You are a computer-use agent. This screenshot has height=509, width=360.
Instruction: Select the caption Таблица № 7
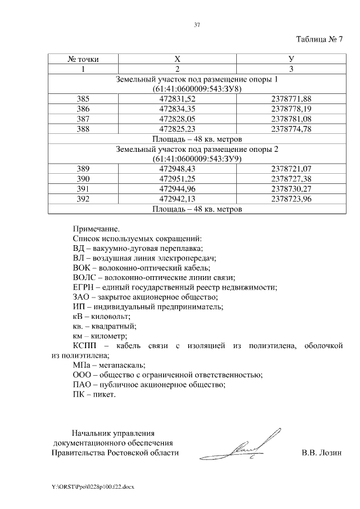coord(319,39)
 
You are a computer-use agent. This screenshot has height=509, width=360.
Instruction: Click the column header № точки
coord(83,59)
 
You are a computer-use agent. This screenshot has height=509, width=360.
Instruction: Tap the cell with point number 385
coord(83,98)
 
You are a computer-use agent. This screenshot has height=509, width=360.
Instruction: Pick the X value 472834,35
coord(177,109)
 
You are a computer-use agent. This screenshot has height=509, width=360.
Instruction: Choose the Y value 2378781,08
coord(291,118)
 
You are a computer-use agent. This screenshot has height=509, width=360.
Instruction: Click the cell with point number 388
coord(83,128)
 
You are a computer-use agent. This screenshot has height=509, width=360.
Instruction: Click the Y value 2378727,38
coord(291,178)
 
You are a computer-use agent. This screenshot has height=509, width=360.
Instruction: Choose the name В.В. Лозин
coord(321,453)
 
